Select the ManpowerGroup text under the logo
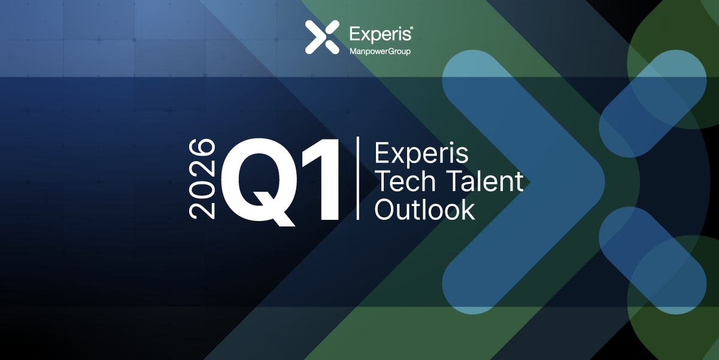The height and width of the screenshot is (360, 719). [380, 52]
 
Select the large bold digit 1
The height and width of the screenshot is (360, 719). [322, 179]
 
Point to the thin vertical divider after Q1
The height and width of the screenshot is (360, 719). [357, 178]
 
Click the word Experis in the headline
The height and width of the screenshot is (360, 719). [421, 154]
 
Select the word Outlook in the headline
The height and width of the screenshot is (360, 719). [424, 209]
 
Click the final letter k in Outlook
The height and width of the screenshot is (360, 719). [467, 209]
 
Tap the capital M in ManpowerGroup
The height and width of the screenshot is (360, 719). [353, 52]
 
